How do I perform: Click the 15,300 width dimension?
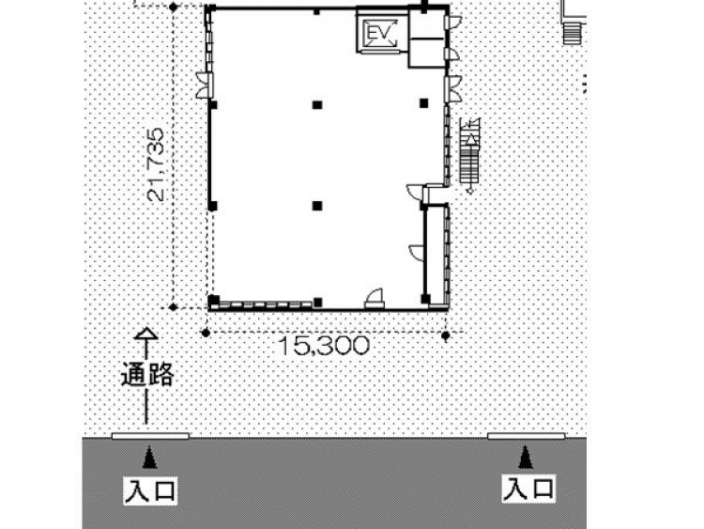pos(324,345)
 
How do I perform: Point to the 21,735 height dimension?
pos(156,164)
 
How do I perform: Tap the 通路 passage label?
pos(147,374)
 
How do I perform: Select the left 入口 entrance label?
pos(150,490)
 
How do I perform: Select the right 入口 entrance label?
pos(528,489)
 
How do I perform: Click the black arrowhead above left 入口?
pos(150,458)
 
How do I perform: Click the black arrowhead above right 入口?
pos(526,457)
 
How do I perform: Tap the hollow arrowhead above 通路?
pos(145,334)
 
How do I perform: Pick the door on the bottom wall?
pos(375,299)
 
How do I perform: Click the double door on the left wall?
pos(205,85)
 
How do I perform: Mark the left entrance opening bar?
pos(150,436)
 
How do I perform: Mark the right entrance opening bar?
pos(526,436)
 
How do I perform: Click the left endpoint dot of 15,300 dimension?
pos(206,333)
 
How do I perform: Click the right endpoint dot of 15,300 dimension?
pos(445,335)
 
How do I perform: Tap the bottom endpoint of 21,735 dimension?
pos(174,307)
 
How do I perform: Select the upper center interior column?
pos(317,105)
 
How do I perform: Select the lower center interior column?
pos(317,206)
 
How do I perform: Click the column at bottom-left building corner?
pos(214,301)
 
